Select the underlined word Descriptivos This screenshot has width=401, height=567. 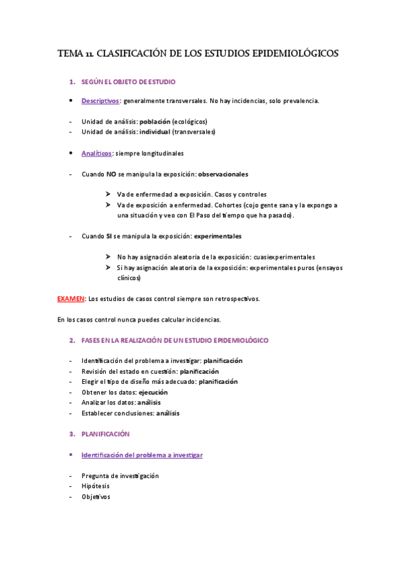coord(100,101)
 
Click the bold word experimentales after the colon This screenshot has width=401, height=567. coord(218,236)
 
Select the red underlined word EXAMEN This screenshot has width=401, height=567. coord(70,299)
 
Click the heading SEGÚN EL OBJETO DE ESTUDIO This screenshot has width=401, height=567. coord(128,82)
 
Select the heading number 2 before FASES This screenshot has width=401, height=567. coord(72,340)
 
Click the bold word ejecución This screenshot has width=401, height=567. coord(153,392)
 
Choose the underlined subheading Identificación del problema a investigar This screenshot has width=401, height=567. coord(141,455)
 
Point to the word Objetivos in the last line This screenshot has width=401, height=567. coord(96,497)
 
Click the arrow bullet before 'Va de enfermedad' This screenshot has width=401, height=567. coord(108,195)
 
